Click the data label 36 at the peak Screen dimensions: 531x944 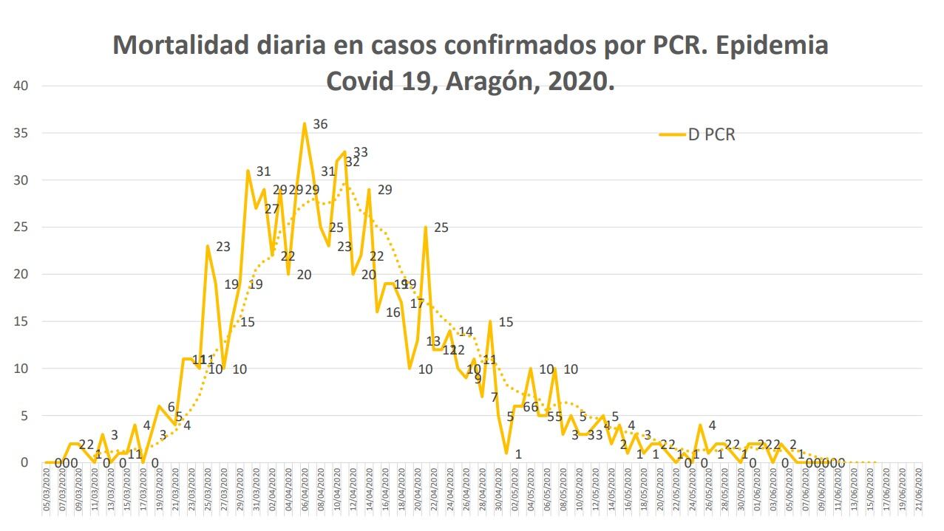pos(319,124)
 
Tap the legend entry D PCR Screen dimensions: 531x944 pos(712,134)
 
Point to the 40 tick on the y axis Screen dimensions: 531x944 pos(21,86)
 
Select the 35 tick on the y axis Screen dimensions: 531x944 pos(21,133)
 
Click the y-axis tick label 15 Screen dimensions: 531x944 pos(21,321)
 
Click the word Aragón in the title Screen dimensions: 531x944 pos(489,80)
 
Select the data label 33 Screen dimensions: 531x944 pos(360,153)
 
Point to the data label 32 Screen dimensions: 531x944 pos(352,162)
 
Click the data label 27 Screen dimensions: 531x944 pos(271,209)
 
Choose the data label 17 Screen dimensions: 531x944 pos(417,303)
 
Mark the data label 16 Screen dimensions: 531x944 pos(393,312)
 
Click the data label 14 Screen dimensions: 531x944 pos(465,332)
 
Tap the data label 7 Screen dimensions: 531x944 pos(494,397)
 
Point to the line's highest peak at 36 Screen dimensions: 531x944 pos(304,123)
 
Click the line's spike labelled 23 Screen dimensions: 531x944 pos(208,246)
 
